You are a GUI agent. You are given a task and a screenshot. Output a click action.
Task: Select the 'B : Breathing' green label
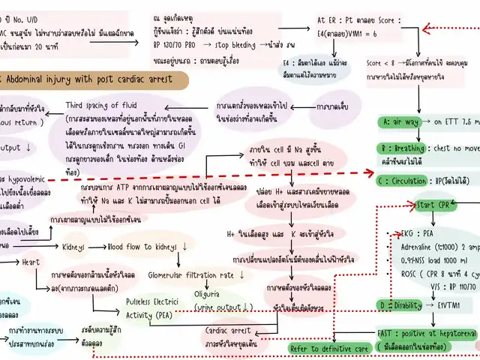(x=402, y=148)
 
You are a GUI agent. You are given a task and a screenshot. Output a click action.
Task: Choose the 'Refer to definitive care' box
(x=329, y=348)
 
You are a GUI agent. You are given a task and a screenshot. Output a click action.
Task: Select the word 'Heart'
(x=30, y=262)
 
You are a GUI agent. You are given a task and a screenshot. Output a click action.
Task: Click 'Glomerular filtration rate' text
(x=191, y=276)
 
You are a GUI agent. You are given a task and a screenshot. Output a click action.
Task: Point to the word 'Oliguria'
(x=207, y=294)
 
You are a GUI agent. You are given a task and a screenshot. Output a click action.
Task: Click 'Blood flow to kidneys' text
(x=142, y=246)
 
